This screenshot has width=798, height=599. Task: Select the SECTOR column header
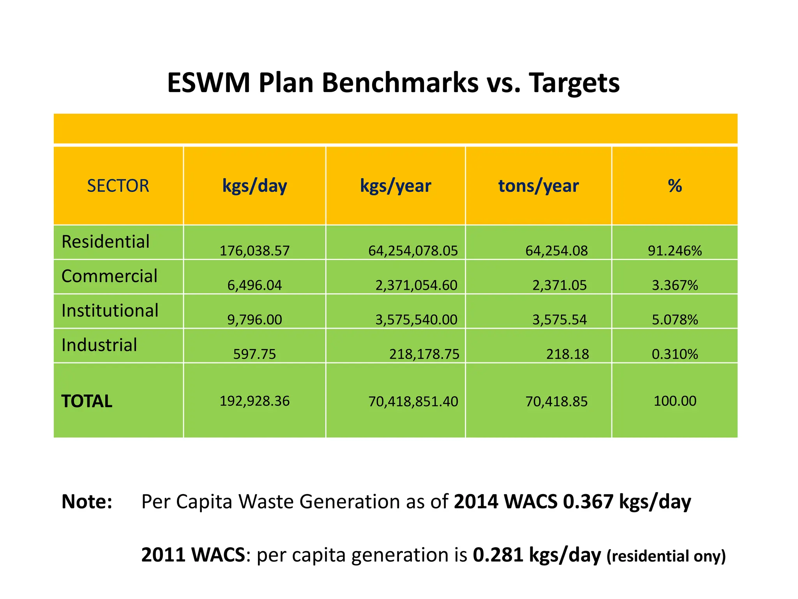pyautogui.click(x=118, y=186)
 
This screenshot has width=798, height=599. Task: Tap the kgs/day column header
pyautogui.click(x=254, y=186)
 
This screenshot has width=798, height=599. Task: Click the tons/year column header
pyautogui.click(x=538, y=186)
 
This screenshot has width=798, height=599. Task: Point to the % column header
pyautogui.click(x=675, y=186)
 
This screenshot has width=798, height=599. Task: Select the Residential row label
pyautogui.click(x=106, y=242)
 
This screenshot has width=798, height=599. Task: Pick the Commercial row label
pyautogui.click(x=109, y=276)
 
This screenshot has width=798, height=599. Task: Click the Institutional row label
pyautogui.click(x=110, y=311)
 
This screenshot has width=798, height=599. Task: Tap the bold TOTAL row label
pyautogui.click(x=87, y=401)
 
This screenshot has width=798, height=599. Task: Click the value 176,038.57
pyautogui.click(x=254, y=251)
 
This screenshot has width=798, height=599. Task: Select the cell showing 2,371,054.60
pyautogui.click(x=416, y=285)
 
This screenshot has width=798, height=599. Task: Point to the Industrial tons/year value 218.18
pyautogui.click(x=567, y=354)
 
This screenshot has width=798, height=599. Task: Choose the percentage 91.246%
pyautogui.click(x=675, y=251)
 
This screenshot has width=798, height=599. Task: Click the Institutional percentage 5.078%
pyautogui.click(x=675, y=320)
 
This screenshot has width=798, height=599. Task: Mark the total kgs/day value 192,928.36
pyautogui.click(x=254, y=401)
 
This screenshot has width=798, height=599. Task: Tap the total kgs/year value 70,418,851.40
pyautogui.click(x=413, y=402)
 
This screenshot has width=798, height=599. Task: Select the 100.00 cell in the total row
pyautogui.click(x=675, y=401)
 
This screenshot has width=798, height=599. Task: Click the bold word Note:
pyautogui.click(x=87, y=502)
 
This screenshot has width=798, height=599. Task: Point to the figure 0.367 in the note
pyautogui.click(x=588, y=502)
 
